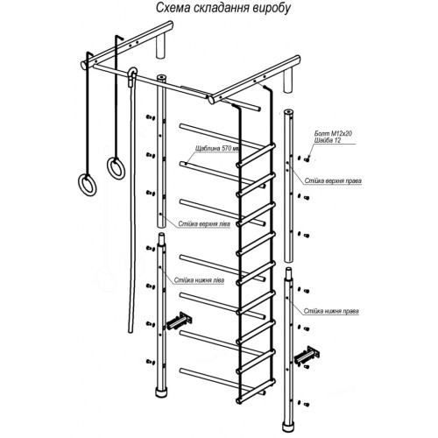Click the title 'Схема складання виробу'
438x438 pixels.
point(223,8)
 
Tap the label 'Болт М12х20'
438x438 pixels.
point(333,133)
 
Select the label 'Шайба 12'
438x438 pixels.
point(328,140)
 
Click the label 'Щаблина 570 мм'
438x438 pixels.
point(218,148)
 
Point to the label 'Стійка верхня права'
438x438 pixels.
point(333,180)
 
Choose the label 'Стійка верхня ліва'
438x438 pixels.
point(204,224)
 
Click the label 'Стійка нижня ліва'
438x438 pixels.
point(199,280)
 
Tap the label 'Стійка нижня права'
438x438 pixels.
point(331,311)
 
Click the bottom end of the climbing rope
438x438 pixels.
point(131,331)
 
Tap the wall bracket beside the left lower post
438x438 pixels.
point(179,321)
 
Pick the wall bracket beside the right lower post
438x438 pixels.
point(307,355)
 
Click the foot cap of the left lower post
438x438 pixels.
point(159,392)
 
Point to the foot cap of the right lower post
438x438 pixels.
point(288,427)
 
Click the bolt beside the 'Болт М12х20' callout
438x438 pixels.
point(307,159)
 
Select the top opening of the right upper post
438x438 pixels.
point(288,112)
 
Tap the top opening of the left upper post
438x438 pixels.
point(161,77)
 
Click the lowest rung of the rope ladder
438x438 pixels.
point(257,391)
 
